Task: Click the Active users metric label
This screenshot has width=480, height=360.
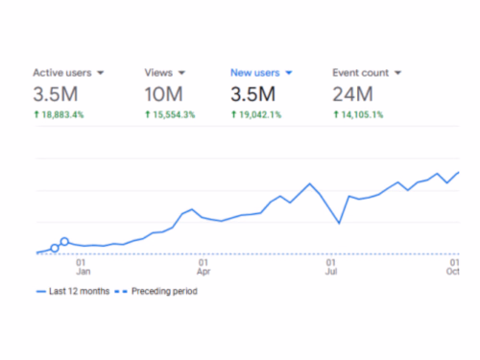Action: [x=62, y=72]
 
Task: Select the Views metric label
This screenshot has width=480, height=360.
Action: [x=157, y=72]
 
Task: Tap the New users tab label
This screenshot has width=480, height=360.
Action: [x=254, y=72]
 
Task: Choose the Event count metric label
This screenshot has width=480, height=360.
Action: [x=361, y=72]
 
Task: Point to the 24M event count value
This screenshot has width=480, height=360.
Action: [x=352, y=94]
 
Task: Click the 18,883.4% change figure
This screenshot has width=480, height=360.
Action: [x=62, y=115]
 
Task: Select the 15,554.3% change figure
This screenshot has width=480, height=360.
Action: [x=173, y=115]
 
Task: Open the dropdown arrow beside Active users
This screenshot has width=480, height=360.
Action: [x=101, y=73]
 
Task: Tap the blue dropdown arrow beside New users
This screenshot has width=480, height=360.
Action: [x=289, y=73]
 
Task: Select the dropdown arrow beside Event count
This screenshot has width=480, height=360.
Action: [x=397, y=73]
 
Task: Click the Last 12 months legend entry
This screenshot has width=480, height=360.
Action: [x=74, y=291]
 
